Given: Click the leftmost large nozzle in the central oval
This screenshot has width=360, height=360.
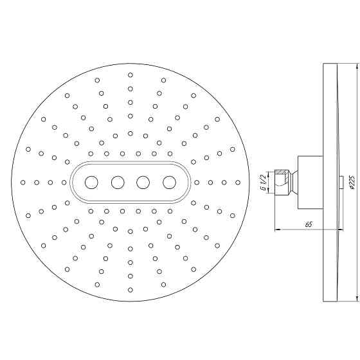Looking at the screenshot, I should coord(92,183).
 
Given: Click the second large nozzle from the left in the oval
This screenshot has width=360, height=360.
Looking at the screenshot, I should coord(118,183).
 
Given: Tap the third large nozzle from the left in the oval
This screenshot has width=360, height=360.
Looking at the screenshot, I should coord(143,183).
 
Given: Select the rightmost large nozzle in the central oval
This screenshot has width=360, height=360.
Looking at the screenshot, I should coord(169,183).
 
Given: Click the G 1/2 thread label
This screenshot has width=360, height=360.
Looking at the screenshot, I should coord(263,183).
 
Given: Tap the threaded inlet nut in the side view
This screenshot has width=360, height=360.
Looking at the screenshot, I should coord(282,182).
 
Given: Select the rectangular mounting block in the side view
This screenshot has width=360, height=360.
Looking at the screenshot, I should coord(310,182).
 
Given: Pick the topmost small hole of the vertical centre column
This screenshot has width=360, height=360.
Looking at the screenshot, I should coord(130,75).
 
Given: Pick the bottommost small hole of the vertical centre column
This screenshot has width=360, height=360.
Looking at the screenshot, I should coord(130,291).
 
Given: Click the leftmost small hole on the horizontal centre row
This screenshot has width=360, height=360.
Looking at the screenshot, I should coord(22,183).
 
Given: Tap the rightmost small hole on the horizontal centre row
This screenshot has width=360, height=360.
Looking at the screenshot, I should coord(238,183).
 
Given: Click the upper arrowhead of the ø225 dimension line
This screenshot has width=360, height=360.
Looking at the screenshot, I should coord(356,66).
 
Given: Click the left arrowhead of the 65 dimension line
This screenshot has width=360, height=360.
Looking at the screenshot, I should coord(277,230).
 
